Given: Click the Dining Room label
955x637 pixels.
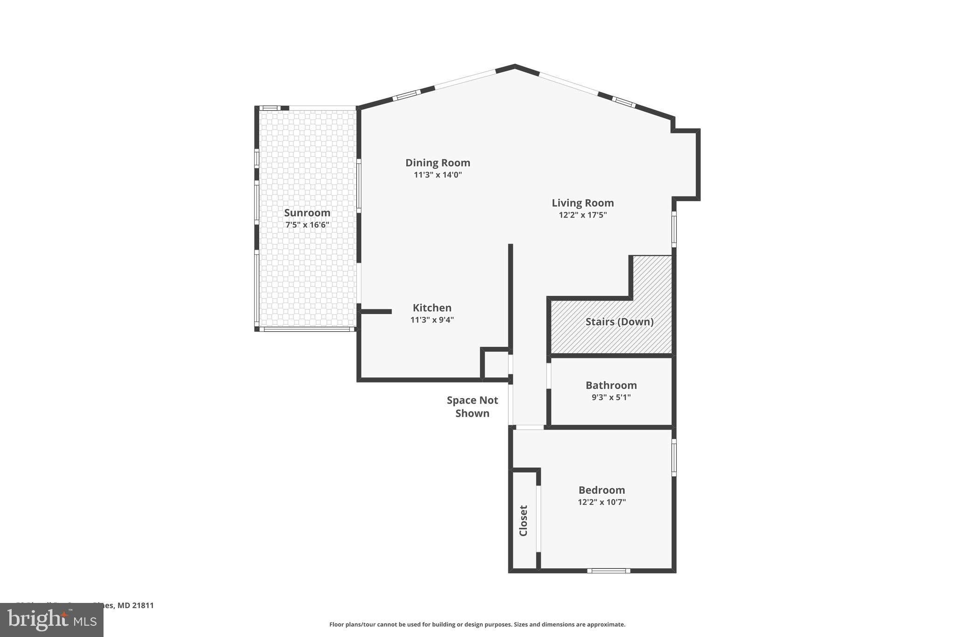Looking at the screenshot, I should pos(437,163).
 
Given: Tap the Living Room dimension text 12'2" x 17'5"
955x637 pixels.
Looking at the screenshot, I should pos(582,215).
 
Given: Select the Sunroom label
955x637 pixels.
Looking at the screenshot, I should pos(307,213).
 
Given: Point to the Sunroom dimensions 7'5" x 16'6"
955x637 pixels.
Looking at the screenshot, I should pos(307,225).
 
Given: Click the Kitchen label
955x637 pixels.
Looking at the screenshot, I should pos(432,308).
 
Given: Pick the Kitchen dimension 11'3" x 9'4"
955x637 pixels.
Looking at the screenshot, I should pos(432,320).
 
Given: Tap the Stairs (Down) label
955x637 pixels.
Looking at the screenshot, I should pos(619,322).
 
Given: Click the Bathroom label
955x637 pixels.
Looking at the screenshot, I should pos(611,385).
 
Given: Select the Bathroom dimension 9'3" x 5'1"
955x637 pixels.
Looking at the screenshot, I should pos(611,398).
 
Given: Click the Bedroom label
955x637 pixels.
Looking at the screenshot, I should pos(602,490).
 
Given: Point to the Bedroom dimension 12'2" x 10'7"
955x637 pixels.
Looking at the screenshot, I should pos(602,503).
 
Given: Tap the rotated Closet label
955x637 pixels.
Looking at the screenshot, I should pos(523,520).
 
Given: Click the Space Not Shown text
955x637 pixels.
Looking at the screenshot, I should pos(472,406).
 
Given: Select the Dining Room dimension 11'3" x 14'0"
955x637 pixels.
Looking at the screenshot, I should pos(437,175).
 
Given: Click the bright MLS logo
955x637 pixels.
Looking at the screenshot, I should pos(51,620).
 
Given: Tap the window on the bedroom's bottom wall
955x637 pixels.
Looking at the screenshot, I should pos(608,570).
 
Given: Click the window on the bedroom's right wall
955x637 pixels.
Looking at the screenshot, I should pos(674,457).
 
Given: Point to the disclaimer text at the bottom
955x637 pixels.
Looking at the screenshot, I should pos(477,624).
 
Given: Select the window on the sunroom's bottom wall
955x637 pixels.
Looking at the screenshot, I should pos(306,329).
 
